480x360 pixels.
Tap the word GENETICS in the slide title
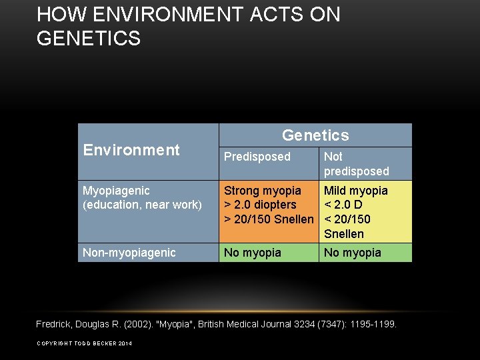click(89, 39)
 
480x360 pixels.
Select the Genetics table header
click(315, 135)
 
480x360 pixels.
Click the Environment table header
click(131, 150)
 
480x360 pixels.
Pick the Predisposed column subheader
click(257, 157)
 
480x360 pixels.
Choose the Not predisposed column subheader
click(356, 164)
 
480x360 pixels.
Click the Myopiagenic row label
click(116, 191)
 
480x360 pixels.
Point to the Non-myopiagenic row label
click(129, 253)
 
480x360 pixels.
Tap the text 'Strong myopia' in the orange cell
click(263, 191)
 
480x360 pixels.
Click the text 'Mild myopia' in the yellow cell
click(355, 191)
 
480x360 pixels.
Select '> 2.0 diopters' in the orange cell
click(260, 205)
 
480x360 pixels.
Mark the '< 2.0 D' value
click(343, 205)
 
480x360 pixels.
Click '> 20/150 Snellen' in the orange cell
click(269, 219)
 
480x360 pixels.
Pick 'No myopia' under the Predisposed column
click(253, 253)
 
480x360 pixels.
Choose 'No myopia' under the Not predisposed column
click(353, 253)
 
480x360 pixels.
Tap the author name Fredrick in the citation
click(57, 324)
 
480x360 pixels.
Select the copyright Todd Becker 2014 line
click(84, 343)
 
